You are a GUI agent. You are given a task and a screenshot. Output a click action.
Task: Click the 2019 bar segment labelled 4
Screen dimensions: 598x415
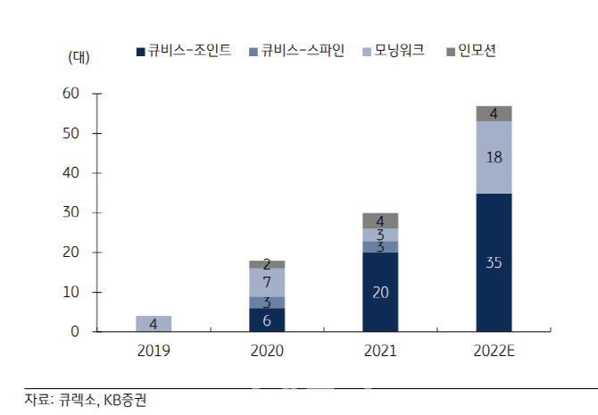[x=154, y=323]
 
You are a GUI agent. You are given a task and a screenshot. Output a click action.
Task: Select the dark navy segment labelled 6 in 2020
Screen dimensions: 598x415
[x=267, y=320]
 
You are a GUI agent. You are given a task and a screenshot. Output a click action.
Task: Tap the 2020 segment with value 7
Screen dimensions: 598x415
[x=267, y=282]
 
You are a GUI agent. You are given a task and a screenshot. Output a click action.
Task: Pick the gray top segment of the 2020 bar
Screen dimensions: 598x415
[x=267, y=264]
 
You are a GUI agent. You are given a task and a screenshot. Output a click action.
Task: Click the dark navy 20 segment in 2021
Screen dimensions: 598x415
[x=380, y=292]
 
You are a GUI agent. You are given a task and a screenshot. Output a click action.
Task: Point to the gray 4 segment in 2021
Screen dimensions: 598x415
[x=380, y=220]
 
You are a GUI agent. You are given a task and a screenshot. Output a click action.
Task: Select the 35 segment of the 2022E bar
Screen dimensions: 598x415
[x=494, y=262]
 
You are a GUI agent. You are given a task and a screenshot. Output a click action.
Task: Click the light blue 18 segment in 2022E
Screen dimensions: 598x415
[x=494, y=158]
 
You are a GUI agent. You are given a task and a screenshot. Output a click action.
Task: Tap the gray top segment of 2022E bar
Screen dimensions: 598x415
[x=494, y=113]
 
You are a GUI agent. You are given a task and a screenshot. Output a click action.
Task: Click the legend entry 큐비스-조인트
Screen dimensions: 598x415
[x=184, y=51]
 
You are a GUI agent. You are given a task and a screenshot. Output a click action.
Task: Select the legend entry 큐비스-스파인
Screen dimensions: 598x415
[x=296, y=51]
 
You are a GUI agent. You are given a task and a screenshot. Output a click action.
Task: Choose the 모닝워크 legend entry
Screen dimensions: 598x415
[x=394, y=51]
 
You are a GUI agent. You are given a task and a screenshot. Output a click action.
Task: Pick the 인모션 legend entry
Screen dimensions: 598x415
[x=471, y=51]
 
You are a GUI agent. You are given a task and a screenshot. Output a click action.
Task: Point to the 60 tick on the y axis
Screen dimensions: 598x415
[x=71, y=93]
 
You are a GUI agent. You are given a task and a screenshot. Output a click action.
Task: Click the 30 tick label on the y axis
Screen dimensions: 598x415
[x=71, y=212]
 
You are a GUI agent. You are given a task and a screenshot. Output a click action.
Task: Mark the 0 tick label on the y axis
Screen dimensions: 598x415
[x=75, y=331]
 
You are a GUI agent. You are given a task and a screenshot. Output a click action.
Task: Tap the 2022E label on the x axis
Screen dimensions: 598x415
[x=494, y=351]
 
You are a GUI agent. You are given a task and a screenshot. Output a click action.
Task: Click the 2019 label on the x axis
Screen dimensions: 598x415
[x=154, y=351]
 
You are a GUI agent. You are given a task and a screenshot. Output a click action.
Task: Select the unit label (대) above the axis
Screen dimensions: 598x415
[x=79, y=58]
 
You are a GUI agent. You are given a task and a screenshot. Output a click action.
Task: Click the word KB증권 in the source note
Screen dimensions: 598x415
[x=125, y=400]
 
